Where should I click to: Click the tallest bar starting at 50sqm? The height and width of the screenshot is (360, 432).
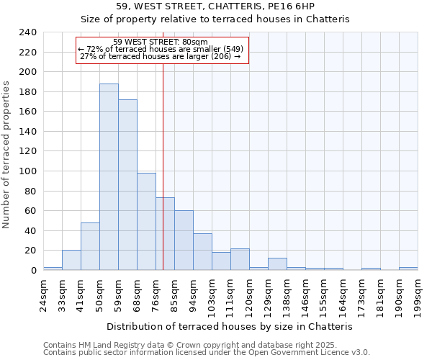109,177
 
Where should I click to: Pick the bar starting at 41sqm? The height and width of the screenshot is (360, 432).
90,246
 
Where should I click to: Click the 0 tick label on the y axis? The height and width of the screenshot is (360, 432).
32,271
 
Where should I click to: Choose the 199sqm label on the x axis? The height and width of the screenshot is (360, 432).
418,293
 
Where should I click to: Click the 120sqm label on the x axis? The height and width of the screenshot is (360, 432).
249,293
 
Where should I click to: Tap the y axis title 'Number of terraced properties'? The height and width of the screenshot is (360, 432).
6,155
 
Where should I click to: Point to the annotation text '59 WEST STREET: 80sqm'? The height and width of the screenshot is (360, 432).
161,42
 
